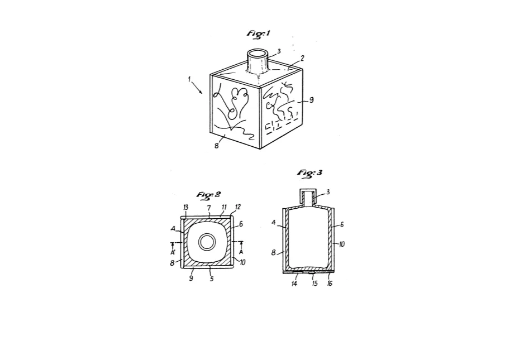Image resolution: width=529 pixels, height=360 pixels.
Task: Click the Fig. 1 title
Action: [x=259, y=33]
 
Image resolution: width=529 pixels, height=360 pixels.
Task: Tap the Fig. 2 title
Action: [x=208, y=195]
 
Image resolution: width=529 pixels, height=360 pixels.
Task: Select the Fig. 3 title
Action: [x=309, y=173]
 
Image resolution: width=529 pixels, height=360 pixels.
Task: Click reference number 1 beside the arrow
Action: [x=189, y=79]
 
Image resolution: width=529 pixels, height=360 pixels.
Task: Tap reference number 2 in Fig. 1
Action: [x=302, y=58]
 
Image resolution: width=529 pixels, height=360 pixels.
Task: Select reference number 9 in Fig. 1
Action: [x=311, y=100]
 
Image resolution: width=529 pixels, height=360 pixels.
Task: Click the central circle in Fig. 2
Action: [x=206, y=242]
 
